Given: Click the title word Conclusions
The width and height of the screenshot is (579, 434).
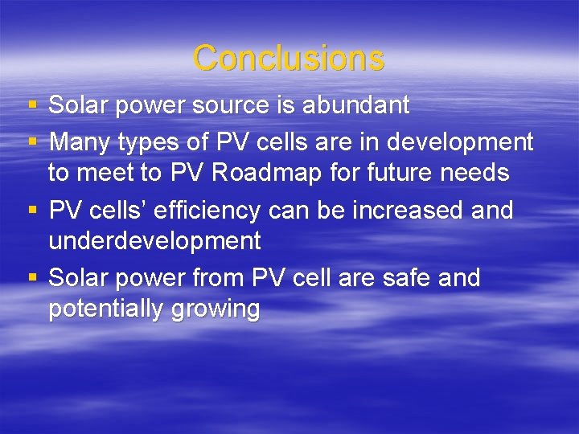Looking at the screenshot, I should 289,58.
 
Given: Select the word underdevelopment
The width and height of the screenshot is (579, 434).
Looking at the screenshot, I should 154,240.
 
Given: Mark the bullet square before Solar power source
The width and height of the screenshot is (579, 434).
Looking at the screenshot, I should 32,105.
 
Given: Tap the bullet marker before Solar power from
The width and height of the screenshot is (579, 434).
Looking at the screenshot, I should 32,278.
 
